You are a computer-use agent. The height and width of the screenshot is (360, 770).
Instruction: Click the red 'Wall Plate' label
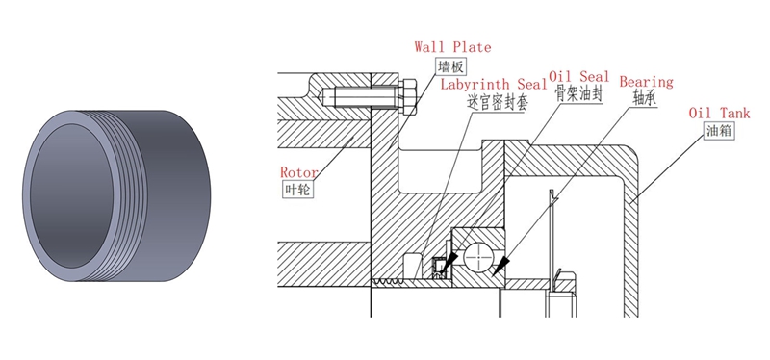[452, 47]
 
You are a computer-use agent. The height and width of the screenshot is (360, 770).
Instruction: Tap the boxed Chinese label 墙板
[449, 66]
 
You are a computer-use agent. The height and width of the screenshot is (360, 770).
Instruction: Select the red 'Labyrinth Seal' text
[494, 85]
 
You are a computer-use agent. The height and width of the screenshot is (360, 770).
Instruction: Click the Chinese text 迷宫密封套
[498, 103]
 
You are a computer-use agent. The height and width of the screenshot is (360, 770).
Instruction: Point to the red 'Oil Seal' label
[579, 77]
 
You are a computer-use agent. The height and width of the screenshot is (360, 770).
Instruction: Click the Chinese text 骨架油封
[579, 93]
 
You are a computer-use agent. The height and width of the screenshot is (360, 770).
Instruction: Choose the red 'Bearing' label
[646, 82]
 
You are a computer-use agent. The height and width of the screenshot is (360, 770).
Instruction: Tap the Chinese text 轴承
[644, 99]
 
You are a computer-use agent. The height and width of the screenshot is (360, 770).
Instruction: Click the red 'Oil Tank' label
[719, 113]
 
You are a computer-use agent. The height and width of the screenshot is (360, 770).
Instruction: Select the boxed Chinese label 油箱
[720, 131]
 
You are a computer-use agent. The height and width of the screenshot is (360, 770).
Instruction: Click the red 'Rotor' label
[298, 172]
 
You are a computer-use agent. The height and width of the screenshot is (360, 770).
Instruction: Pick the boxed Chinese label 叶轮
[297, 189]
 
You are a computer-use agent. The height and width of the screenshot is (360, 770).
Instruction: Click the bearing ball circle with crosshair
[479, 256]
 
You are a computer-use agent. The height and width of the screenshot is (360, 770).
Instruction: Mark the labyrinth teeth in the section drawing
[388, 282]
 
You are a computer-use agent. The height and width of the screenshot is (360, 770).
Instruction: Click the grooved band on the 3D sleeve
[129, 196]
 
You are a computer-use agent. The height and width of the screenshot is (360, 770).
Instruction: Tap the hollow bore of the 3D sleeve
[71, 196]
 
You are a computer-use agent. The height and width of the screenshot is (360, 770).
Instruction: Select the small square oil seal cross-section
[439, 269]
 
